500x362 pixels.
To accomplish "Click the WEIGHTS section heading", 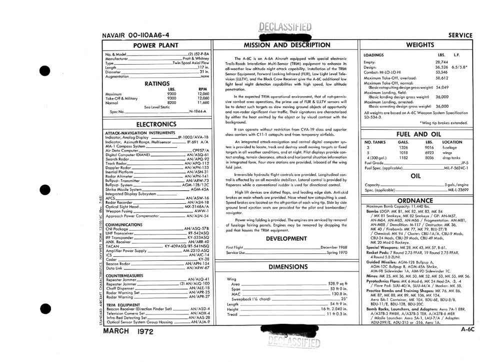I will tap(420, 45).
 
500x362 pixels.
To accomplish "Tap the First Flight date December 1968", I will tap(333, 248).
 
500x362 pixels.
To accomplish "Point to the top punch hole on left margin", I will tap(45, 71).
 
